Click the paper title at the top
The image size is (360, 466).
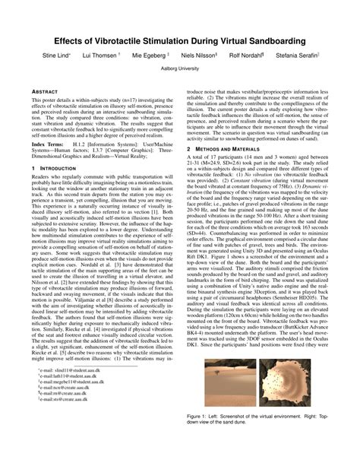180,38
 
